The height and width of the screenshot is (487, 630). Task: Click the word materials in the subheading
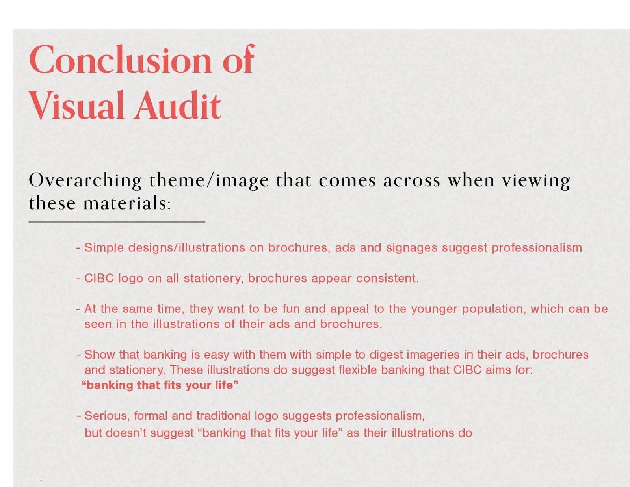coord(125,203)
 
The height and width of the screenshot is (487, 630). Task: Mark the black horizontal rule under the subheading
coord(117,222)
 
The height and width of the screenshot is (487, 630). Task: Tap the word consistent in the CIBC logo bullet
coord(387,278)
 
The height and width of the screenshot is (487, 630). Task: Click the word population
coord(494,309)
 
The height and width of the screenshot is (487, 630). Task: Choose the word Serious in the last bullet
coord(107,416)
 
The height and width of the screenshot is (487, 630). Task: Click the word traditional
coord(223,416)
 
